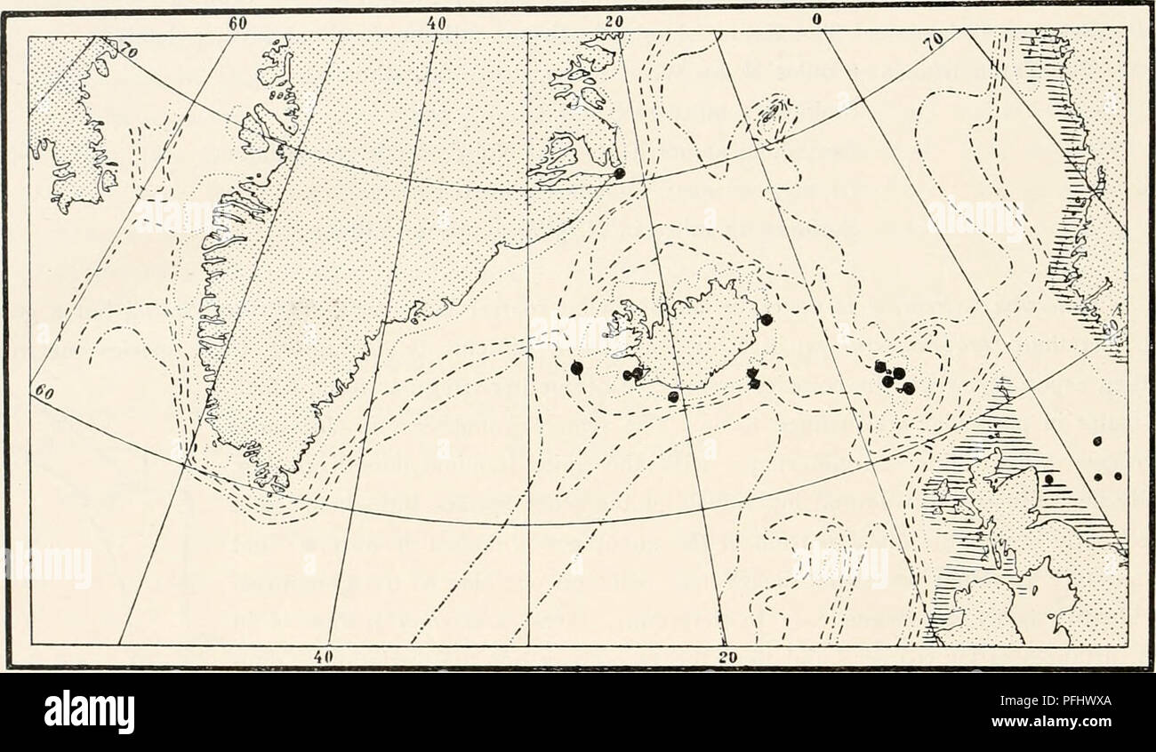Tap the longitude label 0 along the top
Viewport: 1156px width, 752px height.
click(x=815, y=20)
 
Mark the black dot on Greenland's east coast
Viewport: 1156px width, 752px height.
click(x=619, y=172)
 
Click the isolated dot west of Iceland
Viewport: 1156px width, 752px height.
click(x=576, y=366)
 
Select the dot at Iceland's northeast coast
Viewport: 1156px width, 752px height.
click(x=767, y=319)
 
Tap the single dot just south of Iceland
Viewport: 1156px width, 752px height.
click(x=673, y=396)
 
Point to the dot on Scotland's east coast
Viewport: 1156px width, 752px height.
click(x=1049, y=479)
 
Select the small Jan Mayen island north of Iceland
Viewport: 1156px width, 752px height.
click(x=771, y=114)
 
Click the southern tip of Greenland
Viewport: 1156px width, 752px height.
click(x=267, y=484)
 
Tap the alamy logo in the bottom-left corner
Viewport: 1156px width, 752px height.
click(x=89, y=712)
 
